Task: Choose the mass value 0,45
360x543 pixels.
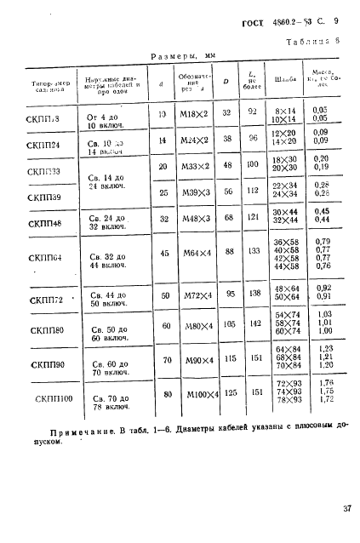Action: [321, 212]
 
